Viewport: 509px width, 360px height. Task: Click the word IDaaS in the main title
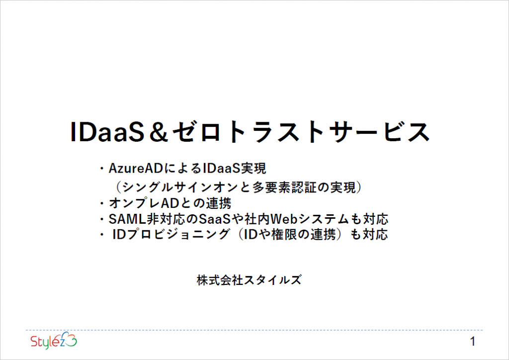pyautogui.click(x=107, y=132)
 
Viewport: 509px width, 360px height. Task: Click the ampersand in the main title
pyautogui.click(x=159, y=132)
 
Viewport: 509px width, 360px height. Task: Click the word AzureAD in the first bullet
pyautogui.click(x=135, y=169)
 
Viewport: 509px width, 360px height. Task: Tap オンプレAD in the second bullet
pyautogui.click(x=144, y=203)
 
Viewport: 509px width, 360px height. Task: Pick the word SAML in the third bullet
pyautogui.click(x=127, y=219)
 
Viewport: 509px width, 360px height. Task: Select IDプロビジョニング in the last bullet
pyautogui.click(x=171, y=234)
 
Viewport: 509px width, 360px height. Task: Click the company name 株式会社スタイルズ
pyautogui.click(x=249, y=280)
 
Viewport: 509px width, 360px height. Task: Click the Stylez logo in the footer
pyautogui.click(x=54, y=341)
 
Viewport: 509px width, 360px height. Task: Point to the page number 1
pyautogui.click(x=473, y=342)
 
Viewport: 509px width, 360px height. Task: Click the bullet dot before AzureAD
pyautogui.click(x=102, y=169)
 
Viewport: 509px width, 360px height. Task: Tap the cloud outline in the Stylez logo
pyautogui.click(x=68, y=339)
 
